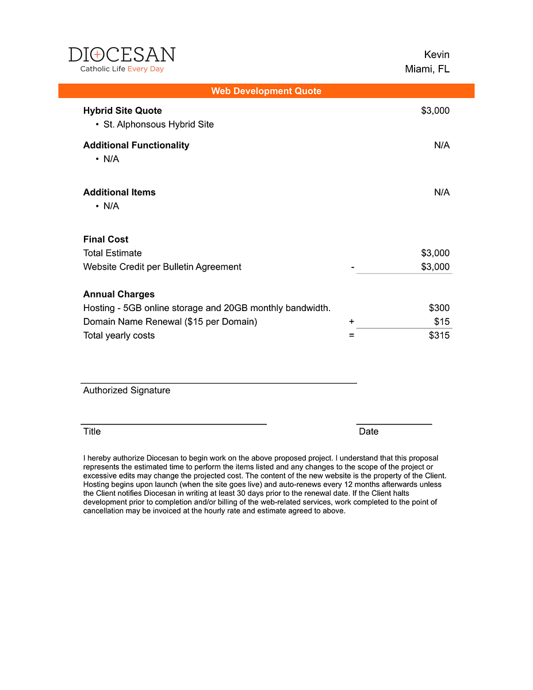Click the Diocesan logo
coord(122,60)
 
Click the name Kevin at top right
coord(436,55)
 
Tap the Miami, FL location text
coord(427,69)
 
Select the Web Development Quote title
coord(266,91)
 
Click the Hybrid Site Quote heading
coord(122,110)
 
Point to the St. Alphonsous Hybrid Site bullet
coord(158,124)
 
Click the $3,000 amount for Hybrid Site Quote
coord(435,110)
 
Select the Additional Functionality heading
coord(136,145)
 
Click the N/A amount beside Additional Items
coord(442,192)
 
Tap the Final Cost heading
coord(106,239)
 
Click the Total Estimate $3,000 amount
coord(435,253)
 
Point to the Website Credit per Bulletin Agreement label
coord(162,267)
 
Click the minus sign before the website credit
coord(352,267)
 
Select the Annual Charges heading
coord(119,294)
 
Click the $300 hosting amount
coord(439,308)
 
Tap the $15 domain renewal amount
coord(442,321)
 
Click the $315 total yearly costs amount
coord(439,335)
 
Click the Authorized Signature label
coord(126,390)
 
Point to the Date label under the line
coord(369,431)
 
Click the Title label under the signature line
coord(92,431)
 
